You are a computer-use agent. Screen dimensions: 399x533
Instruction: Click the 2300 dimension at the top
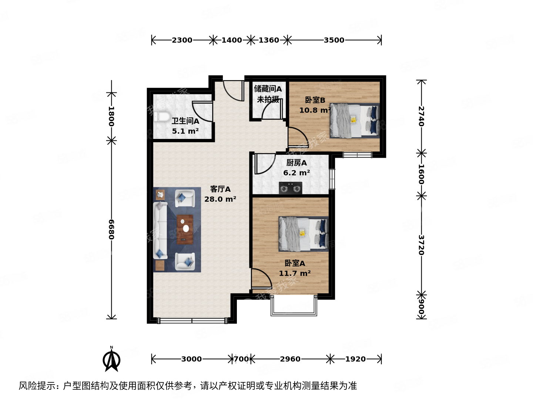pos(182,40)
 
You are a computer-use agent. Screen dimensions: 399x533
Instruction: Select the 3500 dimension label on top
pos(334,40)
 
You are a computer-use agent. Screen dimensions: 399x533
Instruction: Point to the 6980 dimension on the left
pos(111,229)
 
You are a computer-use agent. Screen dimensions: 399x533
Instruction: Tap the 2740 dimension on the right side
pos(421,116)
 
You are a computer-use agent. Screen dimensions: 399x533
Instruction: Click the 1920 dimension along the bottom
pos(355,359)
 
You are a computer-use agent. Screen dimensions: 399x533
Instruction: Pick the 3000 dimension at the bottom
pos(191,359)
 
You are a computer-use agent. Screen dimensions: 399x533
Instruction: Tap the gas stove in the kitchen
pos(290,188)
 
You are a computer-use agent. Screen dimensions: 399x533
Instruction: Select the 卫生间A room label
pos(185,121)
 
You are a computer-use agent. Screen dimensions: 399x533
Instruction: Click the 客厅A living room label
pos(220,189)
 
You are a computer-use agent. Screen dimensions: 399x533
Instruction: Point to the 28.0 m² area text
pos(220,199)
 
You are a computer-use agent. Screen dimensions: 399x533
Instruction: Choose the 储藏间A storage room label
pos(268,89)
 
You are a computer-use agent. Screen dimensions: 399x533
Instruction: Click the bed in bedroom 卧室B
pos(354,120)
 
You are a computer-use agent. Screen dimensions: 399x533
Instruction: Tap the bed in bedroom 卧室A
pos(303,233)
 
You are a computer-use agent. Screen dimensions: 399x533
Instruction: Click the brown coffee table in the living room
pos(185,229)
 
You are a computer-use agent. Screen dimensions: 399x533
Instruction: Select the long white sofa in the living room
pos(160,231)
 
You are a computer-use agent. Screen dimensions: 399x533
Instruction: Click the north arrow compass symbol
pos(111,359)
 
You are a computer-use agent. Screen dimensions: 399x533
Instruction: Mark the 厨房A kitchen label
pos(296,163)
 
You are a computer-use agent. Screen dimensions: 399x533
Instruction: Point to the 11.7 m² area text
pos(295,273)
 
